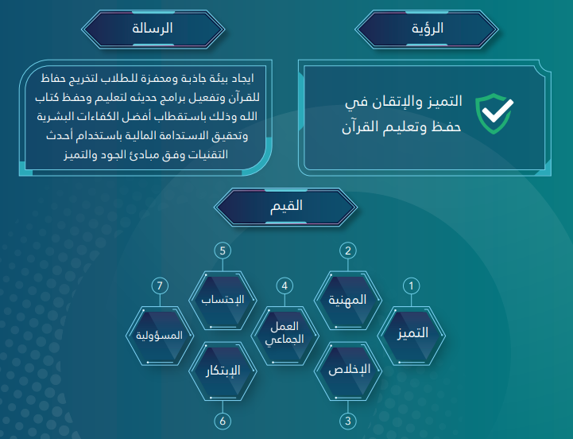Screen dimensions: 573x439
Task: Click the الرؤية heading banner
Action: tap(427, 29)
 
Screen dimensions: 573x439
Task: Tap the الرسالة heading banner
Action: tap(153, 29)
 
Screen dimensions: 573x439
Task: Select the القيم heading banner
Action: tap(286, 207)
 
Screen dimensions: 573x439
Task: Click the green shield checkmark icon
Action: tap(494, 114)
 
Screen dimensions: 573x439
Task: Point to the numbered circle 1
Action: tap(411, 286)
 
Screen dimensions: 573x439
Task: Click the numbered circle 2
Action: tap(348, 251)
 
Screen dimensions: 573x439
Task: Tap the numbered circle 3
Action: tap(348, 421)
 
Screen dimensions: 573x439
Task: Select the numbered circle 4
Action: tap(285, 286)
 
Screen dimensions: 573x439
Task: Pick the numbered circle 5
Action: tap(223, 251)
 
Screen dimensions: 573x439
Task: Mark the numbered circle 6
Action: tap(223, 421)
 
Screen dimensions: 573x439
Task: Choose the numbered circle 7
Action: tap(160, 286)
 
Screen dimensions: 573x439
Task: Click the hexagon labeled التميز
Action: tap(411, 336)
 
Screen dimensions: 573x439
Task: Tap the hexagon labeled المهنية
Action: tap(348, 301)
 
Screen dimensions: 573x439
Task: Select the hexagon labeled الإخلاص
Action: tap(348, 371)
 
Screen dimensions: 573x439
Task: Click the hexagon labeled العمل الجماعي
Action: tap(285, 336)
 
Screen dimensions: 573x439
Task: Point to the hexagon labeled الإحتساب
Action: tap(223, 301)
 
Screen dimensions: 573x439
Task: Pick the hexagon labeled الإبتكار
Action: tap(223, 371)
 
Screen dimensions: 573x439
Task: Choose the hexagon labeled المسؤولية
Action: tap(160, 336)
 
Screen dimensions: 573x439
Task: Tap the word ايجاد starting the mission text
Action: tap(241, 78)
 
